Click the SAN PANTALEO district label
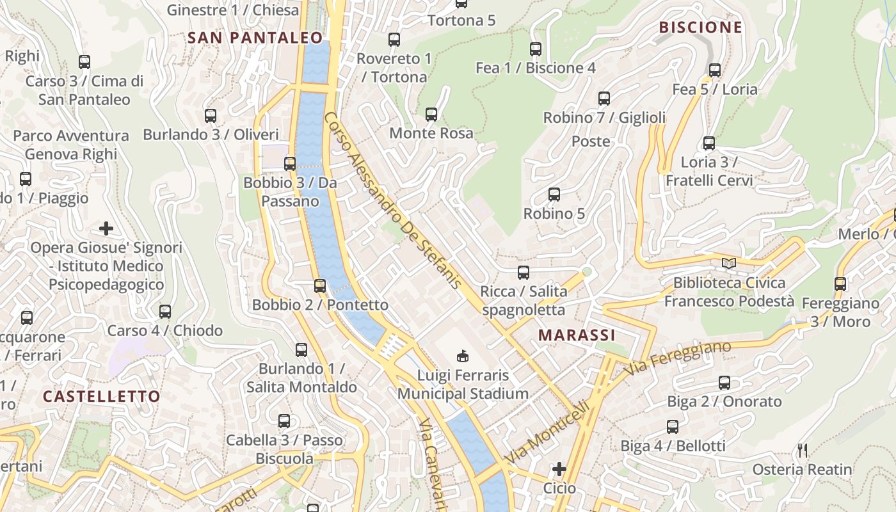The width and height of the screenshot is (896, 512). click(255, 38)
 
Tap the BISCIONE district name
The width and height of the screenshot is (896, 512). click(701, 28)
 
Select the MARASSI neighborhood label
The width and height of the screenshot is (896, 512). click(577, 335)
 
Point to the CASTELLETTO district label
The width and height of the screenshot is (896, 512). click(101, 396)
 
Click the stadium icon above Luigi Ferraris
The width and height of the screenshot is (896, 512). click(463, 356)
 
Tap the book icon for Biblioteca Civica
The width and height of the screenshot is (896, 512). click(728, 263)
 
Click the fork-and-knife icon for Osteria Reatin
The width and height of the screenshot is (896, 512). click(802, 451)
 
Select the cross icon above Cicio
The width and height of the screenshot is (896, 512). click(559, 469)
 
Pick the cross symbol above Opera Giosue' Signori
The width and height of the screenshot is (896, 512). click(106, 228)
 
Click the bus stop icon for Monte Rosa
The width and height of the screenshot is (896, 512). click(431, 115)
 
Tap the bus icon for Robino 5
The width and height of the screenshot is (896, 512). click(554, 195)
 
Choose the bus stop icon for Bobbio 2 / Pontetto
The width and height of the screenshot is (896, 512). click(320, 286)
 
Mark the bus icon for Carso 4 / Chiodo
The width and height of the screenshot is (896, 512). click(165, 312)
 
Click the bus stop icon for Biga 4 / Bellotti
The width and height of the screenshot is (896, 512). click(673, 427)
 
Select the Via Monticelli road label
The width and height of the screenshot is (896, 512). click(547, 433)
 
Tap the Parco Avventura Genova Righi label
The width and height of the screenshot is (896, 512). click(71, 145)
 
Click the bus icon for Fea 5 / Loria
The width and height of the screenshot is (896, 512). click(715, 70)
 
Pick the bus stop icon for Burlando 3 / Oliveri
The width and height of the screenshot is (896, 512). click(211, 116)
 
